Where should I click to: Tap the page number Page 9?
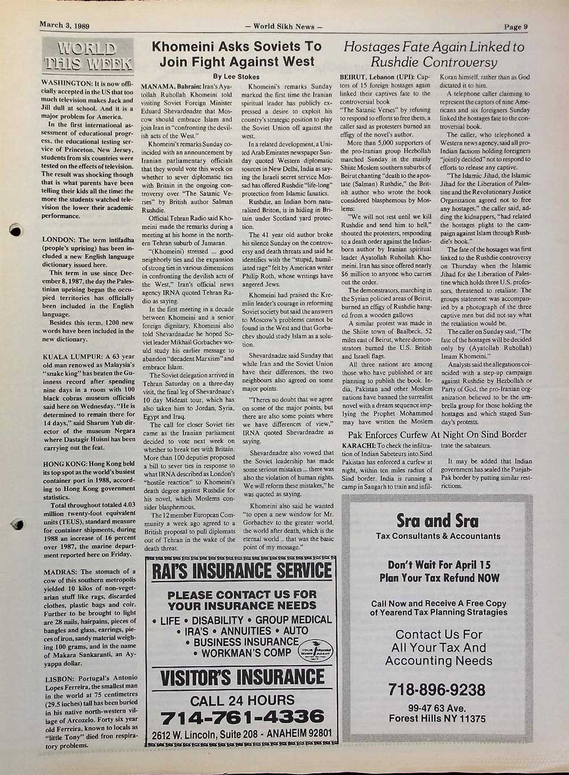tap(517, 26)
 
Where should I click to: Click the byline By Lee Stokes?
tap(236, 76)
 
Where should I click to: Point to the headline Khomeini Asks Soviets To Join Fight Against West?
tap(236, 53)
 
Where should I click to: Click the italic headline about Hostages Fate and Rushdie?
tap(434, 54)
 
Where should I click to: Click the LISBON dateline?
tap(59, 678)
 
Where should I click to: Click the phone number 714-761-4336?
tap(242, 717)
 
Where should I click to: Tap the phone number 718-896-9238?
tap(437, 690)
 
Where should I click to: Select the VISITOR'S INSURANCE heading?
tap(242, 678)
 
